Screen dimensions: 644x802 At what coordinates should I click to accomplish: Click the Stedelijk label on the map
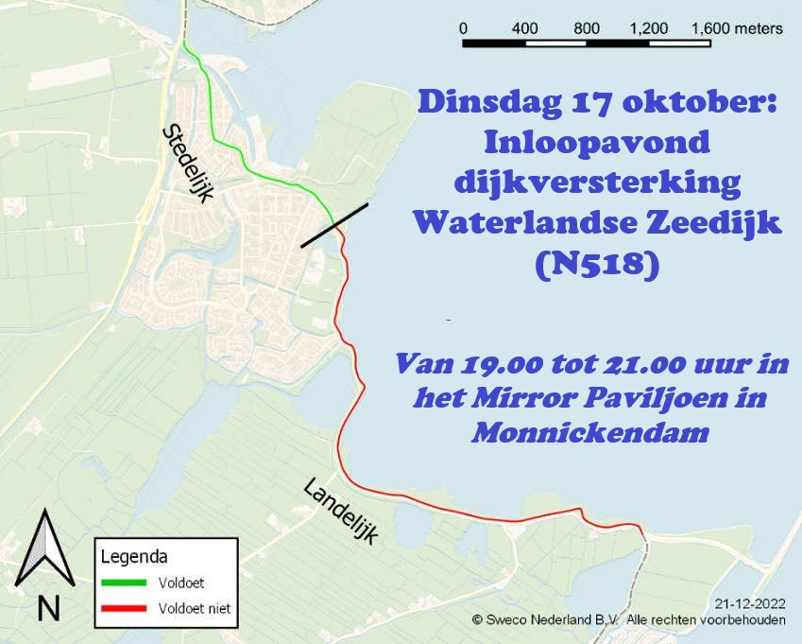[190, 162]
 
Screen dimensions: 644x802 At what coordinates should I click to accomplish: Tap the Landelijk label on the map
[340, 511]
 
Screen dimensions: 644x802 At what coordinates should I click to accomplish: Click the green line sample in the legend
[125, 583]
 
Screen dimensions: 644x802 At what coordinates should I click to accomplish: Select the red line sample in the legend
[125, 608]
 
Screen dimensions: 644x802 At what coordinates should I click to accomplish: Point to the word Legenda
[134, 556]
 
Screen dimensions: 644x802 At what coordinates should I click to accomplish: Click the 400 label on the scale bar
[525, 28]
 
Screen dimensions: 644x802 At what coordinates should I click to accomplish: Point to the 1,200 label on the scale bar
[649, 28]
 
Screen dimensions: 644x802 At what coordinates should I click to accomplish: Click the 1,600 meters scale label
[737, 28]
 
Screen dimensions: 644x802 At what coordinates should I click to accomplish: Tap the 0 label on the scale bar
[463, 28]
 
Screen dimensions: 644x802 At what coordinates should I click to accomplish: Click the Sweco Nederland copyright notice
[628, 619]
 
